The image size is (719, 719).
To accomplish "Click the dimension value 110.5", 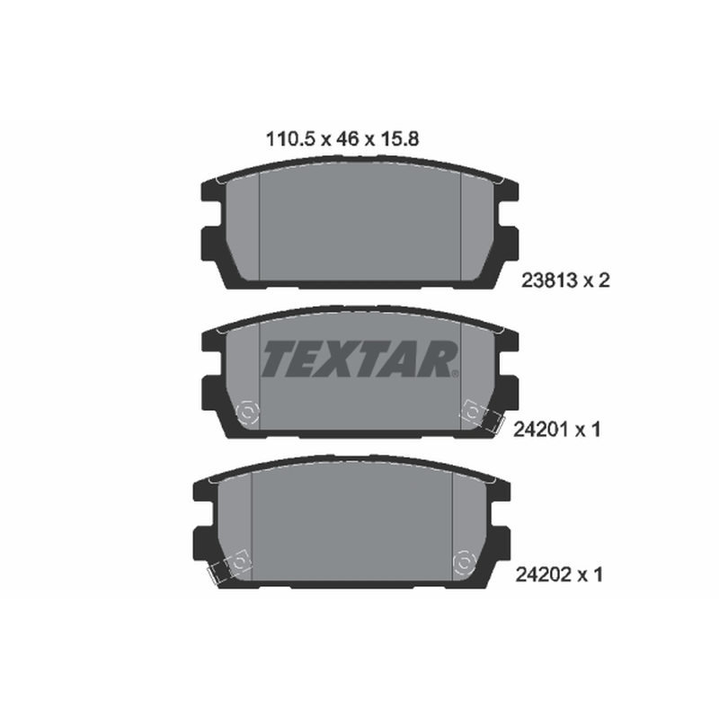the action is pyautogui.click(x=290, y=138).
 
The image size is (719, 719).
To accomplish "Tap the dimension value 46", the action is pyautogui.click(x=348, y=138).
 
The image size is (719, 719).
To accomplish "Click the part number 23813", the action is pyautogui.click(x=549, y=280).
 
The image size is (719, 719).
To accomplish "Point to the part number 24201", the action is pyautogui.click(x=541, y=430).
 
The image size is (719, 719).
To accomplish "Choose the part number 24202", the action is pyautogui.click(x=544, y=574).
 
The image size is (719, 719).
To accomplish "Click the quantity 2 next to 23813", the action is pyautogui.click(x=604, y=280).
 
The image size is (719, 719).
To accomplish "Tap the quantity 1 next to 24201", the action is pyautogui.click(x=595, y=430).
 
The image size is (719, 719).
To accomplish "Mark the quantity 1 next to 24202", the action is pyautogui.click(x=597, y=574).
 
